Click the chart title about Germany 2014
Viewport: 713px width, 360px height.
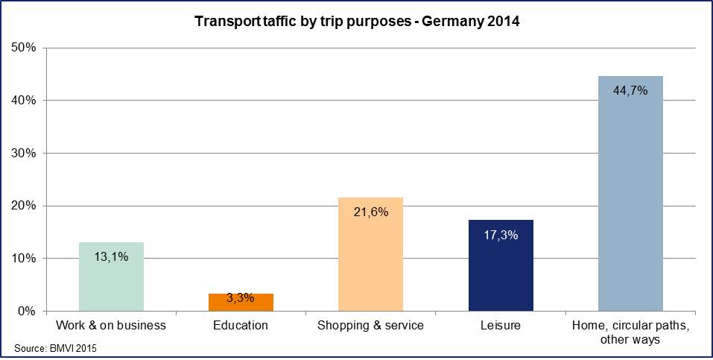pyautogui.click(x=357, y=22)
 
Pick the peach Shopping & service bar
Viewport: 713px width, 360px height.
pyautogui.click(x=370, y=261)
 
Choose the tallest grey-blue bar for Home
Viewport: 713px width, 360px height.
pyautogui.click(x=630, y=201)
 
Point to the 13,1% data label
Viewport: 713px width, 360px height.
pyautogui.click(x=111, y=256)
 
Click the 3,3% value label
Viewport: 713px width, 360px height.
pyautogui.click(x=241, y=298)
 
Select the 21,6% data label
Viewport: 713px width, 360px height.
pyautogui.click(x=370, y=212)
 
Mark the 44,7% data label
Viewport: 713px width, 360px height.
pyautogui.click(x=630, y=91)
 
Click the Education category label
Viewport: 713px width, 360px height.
pyautogui.click(x=241, y=326)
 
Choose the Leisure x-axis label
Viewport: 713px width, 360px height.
pyautogui.click(x=501, y=326)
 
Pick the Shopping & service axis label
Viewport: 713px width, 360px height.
pyautogui.click(x=370, y=326)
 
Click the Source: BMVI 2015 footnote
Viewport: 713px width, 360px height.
pyautogui.click(x=56, y=348)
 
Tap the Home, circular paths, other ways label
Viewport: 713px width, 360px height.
pyautogui.click(x=630, y=332)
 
